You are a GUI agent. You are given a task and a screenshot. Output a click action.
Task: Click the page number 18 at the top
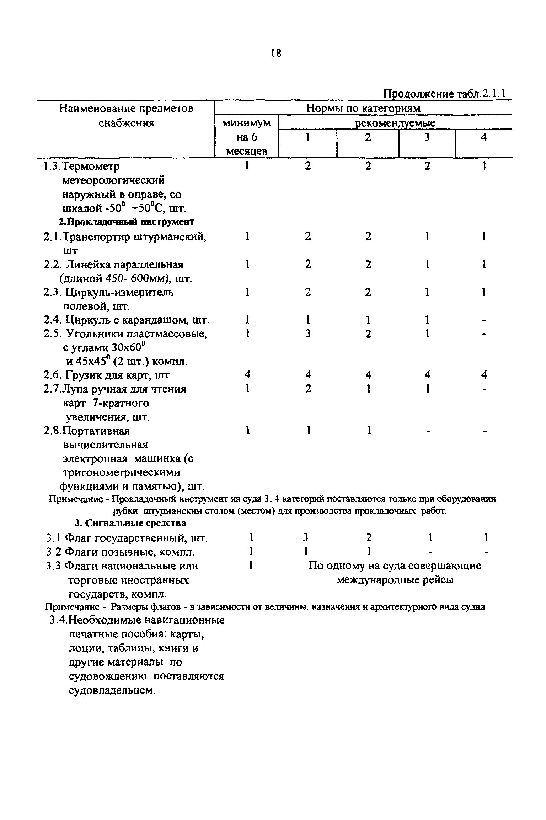click(275, 53)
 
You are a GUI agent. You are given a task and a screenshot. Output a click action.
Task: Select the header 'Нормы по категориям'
click(363, 108)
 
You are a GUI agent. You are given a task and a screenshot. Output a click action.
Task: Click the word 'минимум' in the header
click(247, 123)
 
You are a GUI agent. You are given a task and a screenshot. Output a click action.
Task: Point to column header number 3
click(427, 137)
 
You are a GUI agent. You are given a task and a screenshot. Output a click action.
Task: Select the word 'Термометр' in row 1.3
click(91, 167)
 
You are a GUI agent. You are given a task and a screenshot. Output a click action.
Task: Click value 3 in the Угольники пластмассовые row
click(308, 333)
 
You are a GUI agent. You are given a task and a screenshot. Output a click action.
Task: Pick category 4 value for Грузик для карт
click(484, 375)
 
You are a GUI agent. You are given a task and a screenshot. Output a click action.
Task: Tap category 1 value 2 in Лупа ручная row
click(308, 389)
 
